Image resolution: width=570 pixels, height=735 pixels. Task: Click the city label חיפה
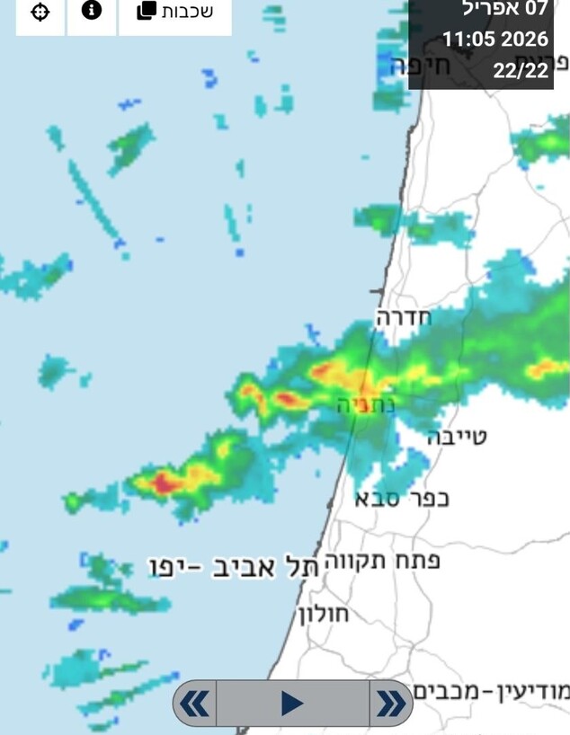click(x=412, y=66)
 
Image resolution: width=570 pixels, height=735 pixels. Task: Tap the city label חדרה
click(x=404, y=316)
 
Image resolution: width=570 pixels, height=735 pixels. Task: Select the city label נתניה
click(x=366, y=404)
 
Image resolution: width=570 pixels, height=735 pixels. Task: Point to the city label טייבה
click(x=457, y=438)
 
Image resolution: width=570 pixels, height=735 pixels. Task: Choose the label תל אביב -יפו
click(x=234, y=567)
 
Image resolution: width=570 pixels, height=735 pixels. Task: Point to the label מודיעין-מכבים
click(x=492, y=692)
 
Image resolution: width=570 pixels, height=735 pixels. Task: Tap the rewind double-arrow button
click(x=195, y=703)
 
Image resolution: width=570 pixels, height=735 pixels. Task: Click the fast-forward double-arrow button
click(x=390, y=703)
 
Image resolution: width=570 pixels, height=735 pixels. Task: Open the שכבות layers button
click(x=175, y=12)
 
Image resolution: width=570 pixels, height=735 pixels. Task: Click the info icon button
click(x=92, y=12)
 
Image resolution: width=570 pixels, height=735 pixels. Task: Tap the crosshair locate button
click(x=40, y=13)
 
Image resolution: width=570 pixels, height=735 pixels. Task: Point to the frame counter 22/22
click(x=521, y=70)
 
